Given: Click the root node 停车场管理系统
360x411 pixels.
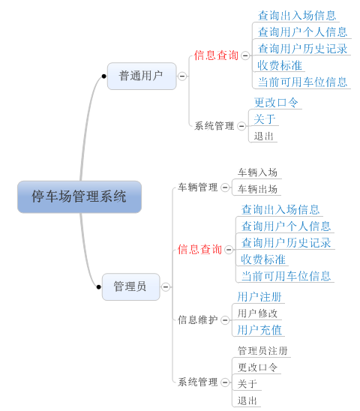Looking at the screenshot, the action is click(x=79, y=196).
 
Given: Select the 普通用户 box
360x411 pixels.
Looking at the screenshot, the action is click(x=142, y=76).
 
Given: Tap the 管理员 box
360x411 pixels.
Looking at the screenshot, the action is click(x=130, y=286).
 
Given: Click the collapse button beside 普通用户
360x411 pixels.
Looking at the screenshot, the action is click(x=182, y=76).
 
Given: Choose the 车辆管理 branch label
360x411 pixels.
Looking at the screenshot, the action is click(x=198, y=187).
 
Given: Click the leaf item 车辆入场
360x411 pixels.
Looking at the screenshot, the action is click(x=257, y=172).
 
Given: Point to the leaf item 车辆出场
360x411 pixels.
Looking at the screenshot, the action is click(x=257, y=189).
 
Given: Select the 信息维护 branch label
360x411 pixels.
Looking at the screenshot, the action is click(x=198, y=319).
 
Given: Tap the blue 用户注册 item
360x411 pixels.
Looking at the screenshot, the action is click(x=259, y=297).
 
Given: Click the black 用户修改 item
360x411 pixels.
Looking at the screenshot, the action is click(x=257, y=313).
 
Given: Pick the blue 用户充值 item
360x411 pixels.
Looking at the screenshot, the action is click(x=259, y=330).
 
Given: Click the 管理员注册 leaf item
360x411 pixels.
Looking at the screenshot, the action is click(x=262, y=351).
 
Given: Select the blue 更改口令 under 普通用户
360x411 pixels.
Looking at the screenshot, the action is click(x=276, y=103).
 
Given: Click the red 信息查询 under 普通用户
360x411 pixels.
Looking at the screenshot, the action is click(x=216, y=55).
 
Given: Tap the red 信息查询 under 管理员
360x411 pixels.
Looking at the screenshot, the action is click(x=199, y=249).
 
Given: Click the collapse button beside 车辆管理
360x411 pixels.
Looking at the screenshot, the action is click(x=225, y=187).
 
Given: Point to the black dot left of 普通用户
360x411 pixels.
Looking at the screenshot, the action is click(x=103, y=76).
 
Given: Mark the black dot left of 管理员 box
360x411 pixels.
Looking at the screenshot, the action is click(x=98, y=287).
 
